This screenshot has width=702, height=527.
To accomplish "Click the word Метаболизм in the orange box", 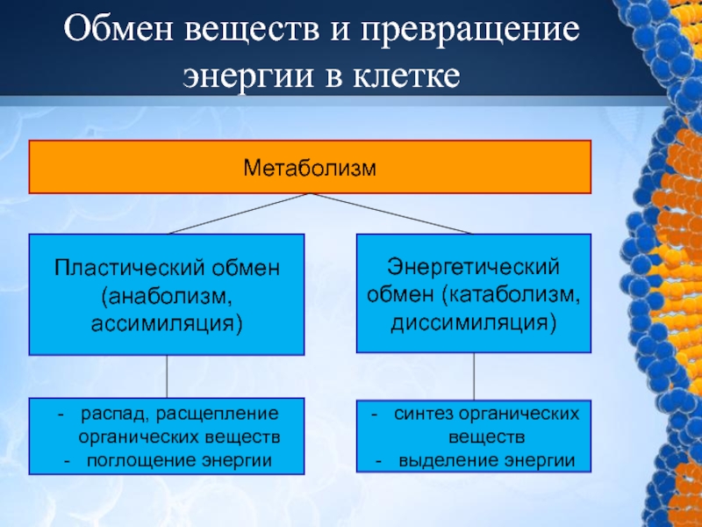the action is [309, 166].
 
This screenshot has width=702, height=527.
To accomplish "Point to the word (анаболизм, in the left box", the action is [166, 294].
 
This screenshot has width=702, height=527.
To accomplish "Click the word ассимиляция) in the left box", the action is [166, 323].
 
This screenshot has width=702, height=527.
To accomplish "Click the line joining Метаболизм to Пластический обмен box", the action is [237, 213].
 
